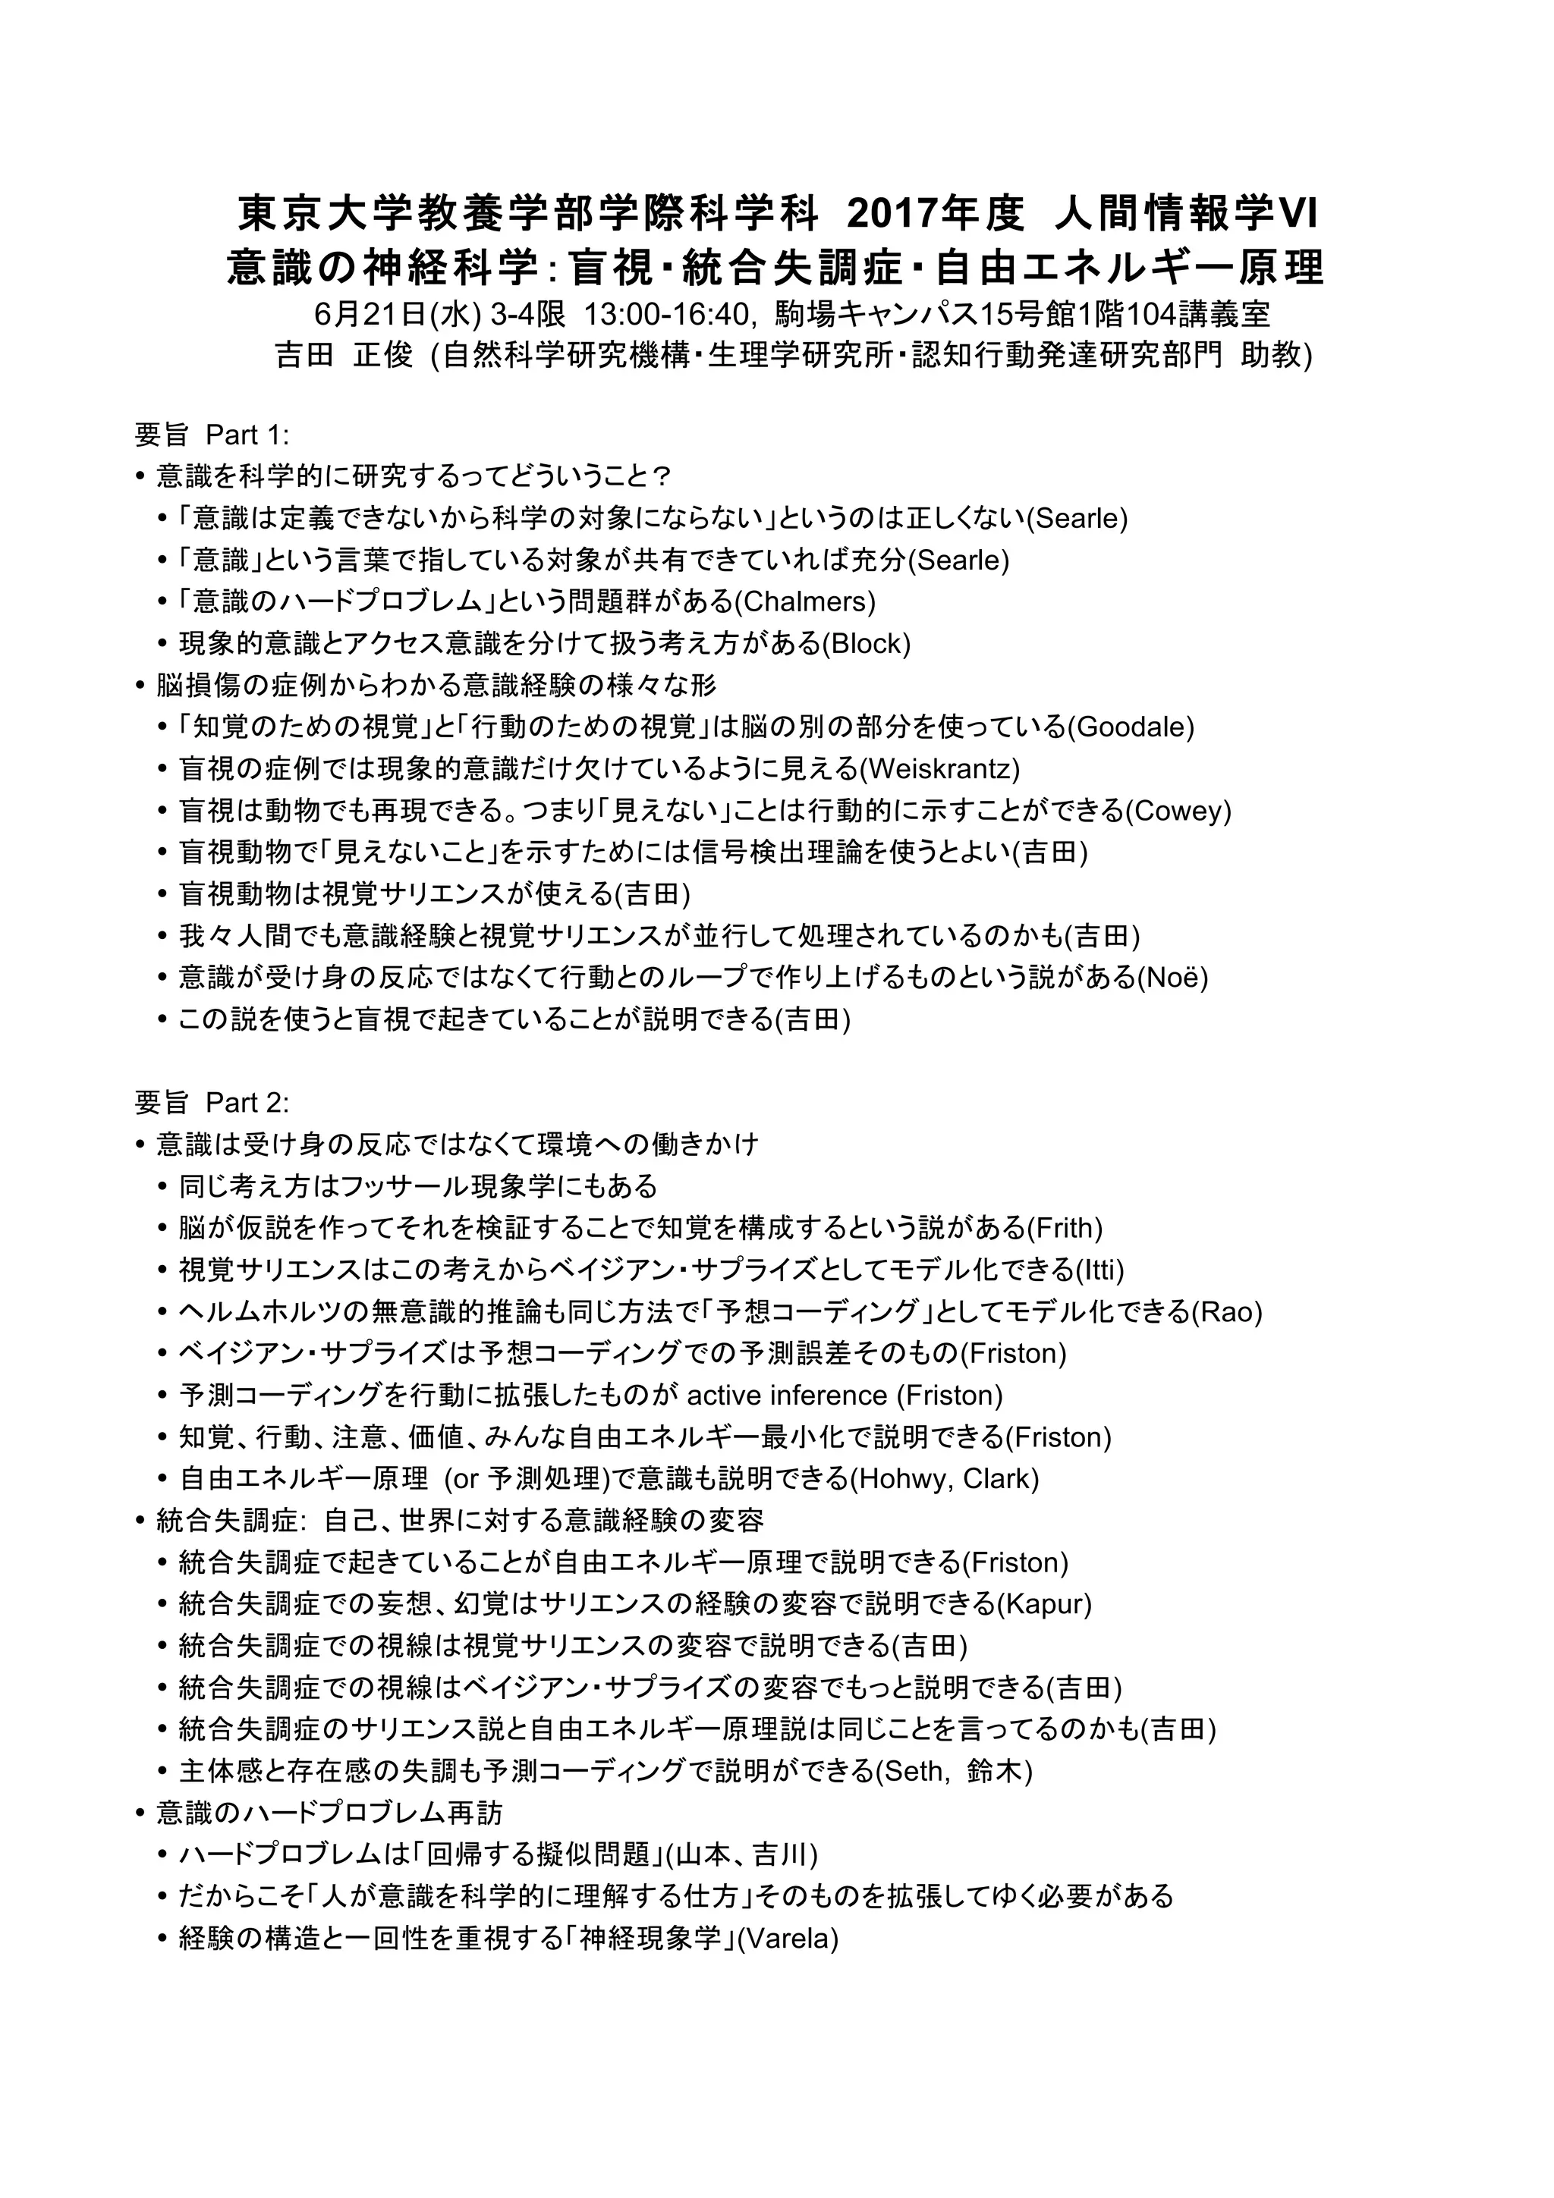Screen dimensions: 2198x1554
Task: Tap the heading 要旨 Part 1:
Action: coord(212,435)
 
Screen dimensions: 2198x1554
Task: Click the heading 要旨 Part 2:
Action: coord(212,1103)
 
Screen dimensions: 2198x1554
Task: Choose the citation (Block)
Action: coord(867,643)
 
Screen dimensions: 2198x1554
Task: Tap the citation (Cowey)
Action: coord(1178,811)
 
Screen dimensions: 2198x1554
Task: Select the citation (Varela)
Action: coord(786,1938)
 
